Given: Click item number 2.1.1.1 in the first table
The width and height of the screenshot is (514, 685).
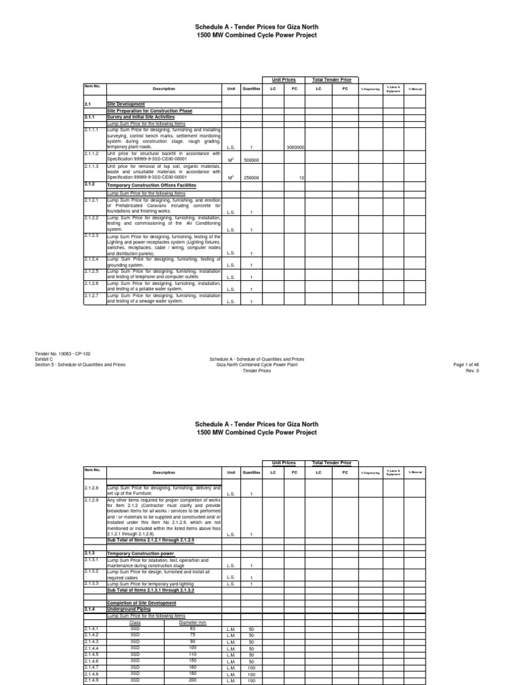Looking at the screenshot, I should click(92, 130).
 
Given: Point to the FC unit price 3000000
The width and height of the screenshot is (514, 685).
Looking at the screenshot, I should click(295, 146).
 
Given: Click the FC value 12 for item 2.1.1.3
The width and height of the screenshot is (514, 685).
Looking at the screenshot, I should click(302, 177).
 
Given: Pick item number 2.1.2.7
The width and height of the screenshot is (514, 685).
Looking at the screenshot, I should click(92, 295).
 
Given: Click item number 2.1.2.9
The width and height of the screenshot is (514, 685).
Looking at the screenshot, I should click(92, 500).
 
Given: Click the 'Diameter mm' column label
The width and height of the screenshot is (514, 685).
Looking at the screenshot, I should click(193, 621).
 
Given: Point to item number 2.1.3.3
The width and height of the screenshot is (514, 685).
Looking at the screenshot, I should click(92, 584).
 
